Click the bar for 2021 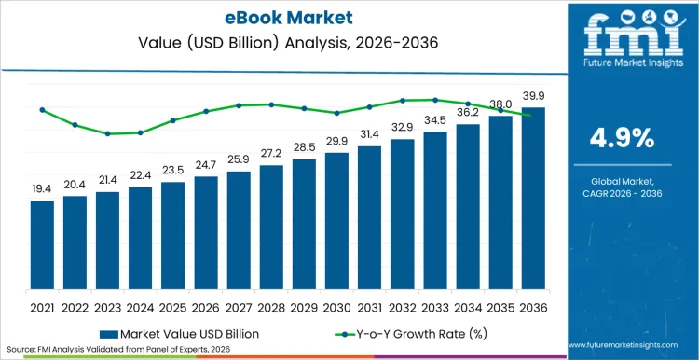[42, 245]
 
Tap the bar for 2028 [271, 228]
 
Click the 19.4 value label [42, 189]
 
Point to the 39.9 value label [532, 96]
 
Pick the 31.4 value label [369, 134]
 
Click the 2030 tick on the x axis [336, 306]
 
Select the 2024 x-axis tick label [140, 306]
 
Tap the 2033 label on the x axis [434, 306]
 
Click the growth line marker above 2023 [107, 133]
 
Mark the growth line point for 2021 [42, 110]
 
